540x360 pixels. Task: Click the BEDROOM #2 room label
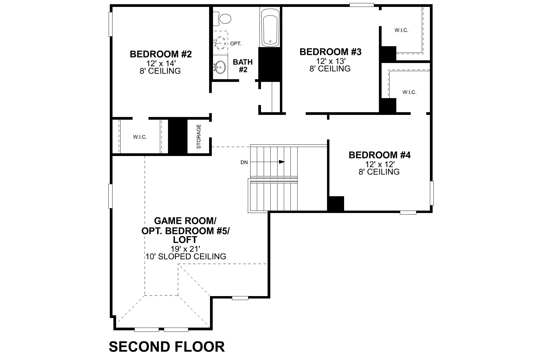tap(160, 54)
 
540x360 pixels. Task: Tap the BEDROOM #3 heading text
tap(330, 52)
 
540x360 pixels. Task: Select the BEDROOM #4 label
tap(379, 155)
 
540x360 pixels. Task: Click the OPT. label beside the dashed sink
tap(236, 44)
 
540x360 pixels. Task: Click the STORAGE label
tap(199, 136)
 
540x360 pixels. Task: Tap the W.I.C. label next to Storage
tap(140, 137)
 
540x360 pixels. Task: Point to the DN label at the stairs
tap(244, 162)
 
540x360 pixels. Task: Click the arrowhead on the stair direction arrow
tap(282, 162)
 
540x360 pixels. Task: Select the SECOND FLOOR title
tap(166, 346)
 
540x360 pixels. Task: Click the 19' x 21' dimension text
tap(185, 249)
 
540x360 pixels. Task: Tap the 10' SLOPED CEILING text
tap(186, 256)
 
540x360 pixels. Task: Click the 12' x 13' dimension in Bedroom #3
tap(330, 61)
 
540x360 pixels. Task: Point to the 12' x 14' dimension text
tap(160, 64)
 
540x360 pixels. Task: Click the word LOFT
tap(185, 240)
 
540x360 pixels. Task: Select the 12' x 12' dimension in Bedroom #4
tap(379, 164)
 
